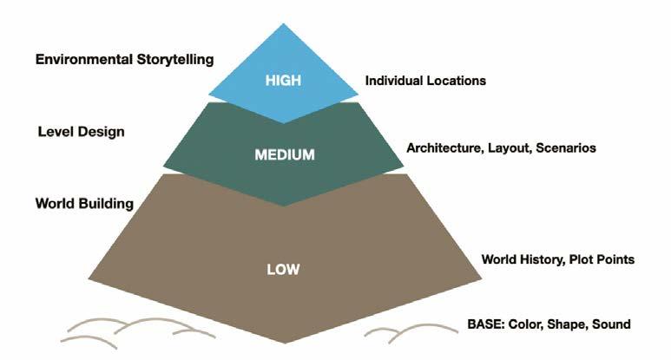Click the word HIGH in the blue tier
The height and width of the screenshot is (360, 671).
[x=284, y=81]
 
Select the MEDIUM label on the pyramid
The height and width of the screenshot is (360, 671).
[x=284, y=155]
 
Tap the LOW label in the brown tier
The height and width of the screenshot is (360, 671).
[x=284, y=270]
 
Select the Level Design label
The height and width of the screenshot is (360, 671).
[x=81, y=132]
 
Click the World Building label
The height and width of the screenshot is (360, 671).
[x=84, y=204]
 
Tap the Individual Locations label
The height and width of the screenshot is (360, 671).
[x=425, y=81]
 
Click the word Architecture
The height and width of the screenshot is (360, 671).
[x=442, y=148]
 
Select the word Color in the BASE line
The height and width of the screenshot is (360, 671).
[x=527, y=324]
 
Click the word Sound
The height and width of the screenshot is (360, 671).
[x=610, y=324]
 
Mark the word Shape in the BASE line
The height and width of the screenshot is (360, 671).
[x=568, y=324]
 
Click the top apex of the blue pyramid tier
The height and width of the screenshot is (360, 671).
[x=284, y=24]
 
